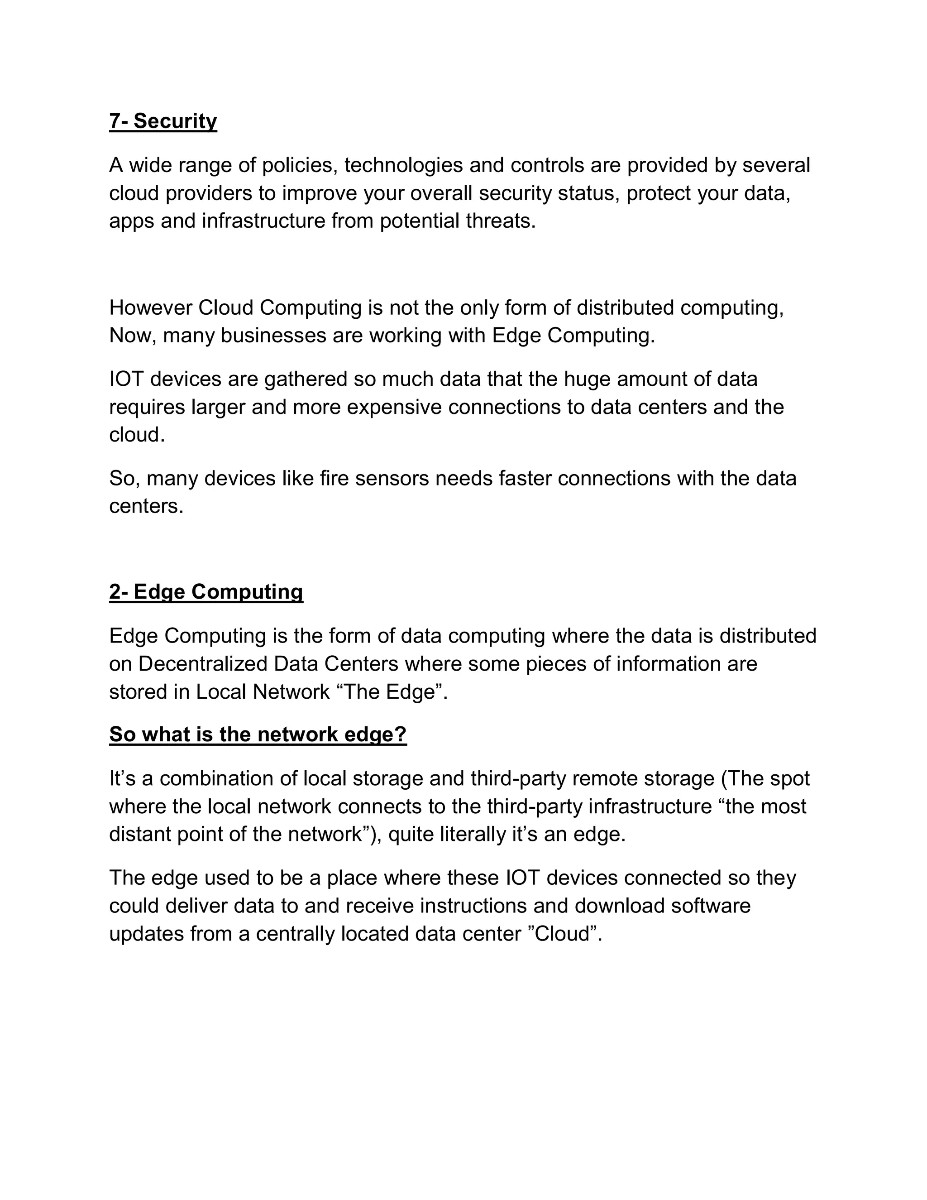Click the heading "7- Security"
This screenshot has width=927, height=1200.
(x=163, y=121)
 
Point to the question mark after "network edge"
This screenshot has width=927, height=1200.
(x=401, y=734)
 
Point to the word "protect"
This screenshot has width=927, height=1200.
(x=659, y=193)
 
